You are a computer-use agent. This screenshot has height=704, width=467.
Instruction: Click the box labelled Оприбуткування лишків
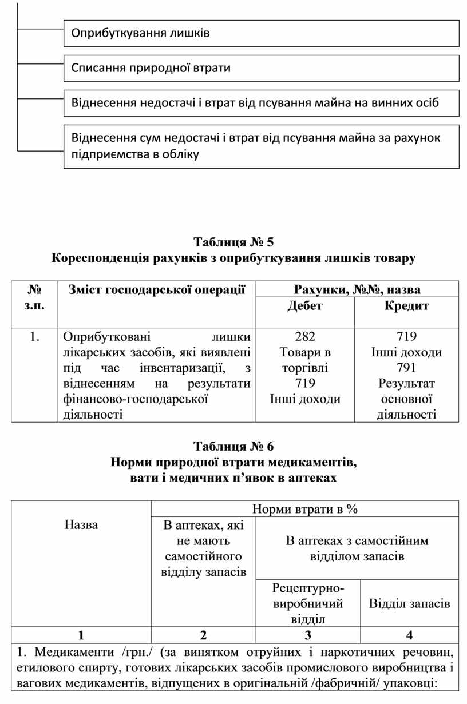coord(261,33)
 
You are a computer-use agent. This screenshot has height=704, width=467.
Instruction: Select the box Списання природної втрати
coord(261,69)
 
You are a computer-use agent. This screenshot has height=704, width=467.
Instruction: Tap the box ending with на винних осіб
coord(261,104)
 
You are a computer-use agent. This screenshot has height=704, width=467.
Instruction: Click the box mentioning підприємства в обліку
coord(261,146)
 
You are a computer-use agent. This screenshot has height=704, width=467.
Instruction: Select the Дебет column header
coord(304,306)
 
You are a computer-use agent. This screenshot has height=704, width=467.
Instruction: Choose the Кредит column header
coord(406,306)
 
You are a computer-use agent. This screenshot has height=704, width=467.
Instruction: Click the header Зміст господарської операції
coord(157,290)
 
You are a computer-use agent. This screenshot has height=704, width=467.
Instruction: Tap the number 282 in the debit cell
coord(305,336)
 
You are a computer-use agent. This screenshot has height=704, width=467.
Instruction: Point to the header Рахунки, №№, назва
coord(357,289)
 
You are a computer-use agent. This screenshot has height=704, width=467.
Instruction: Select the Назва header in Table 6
coord(81,524)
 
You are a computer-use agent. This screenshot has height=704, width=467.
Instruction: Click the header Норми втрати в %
coord(304,509)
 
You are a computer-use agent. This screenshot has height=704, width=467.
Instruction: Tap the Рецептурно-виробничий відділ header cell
coord(308,603)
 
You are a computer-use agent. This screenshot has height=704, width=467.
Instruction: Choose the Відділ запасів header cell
coord(410,603)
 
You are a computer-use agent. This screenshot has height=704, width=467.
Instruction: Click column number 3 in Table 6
coord(308,635)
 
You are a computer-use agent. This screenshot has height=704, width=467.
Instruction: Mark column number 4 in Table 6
coord(410,635)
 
